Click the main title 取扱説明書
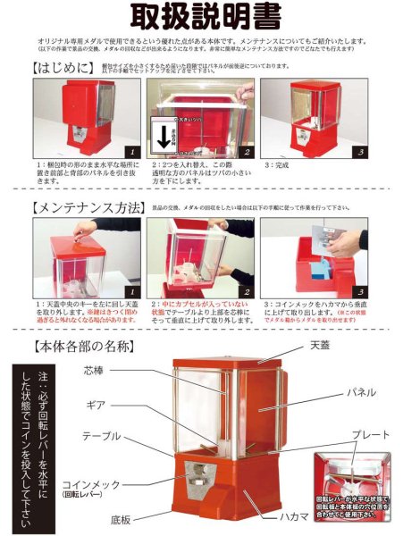(206, 16)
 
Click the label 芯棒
(118, 370)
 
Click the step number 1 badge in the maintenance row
(129, 291)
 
